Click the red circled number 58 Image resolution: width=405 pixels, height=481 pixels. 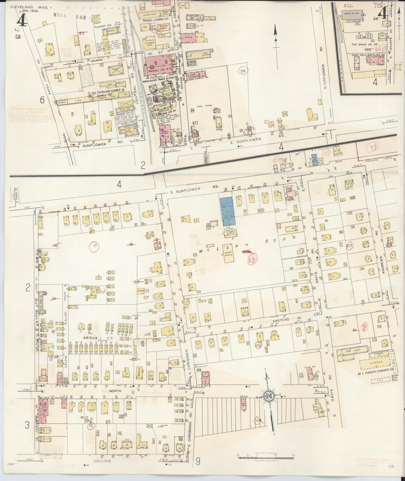(x=243, y=71)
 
